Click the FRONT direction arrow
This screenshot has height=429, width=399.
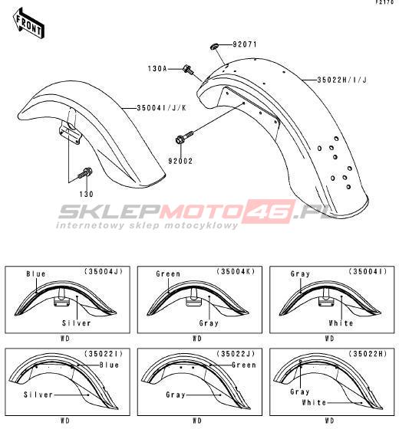[x=28, y=24]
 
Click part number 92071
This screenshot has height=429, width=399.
[x=245, y=44]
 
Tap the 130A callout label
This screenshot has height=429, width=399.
[x=157, y=68]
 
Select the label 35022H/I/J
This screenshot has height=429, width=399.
[x=341, y=80]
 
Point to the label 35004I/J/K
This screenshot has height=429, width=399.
[x=162, y=108]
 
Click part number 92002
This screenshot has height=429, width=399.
[x=180, y=161]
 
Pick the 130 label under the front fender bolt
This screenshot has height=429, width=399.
[x=86, y=194]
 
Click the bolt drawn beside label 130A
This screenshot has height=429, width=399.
[x=188, y=68]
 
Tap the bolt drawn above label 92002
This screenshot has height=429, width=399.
[x=184, y=137]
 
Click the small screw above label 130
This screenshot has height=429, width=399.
[x=85, y=172]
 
